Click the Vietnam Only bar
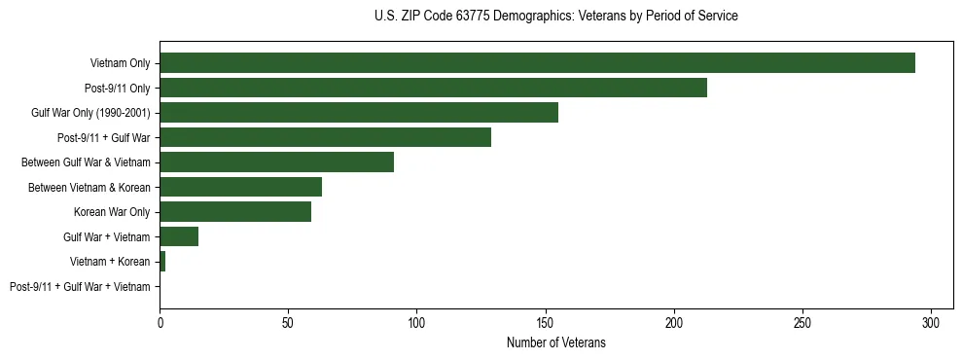click(537, 63)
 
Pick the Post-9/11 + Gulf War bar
click(325, 137)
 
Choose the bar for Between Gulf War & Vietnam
click(276, 162)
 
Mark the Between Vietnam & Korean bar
click(240, 187)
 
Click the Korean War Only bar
click(235, 211)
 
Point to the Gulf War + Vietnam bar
click(179, 236)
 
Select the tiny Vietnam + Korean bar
click(162, 261)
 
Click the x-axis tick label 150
click(546, 322)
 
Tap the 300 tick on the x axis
click(931, 322)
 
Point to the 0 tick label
click(160, 322)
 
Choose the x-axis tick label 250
click(802, 322)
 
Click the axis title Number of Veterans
click(555, 342)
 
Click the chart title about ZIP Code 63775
click(555, 17)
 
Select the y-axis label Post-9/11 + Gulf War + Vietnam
click(80, 286)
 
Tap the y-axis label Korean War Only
click(112, 211)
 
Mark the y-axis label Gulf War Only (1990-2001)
click(90, 113)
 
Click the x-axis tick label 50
click(288, 322)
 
